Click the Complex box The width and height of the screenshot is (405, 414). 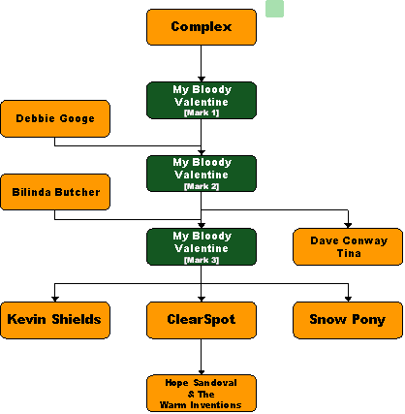[202, 27]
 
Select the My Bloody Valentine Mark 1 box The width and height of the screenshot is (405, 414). [202, 100]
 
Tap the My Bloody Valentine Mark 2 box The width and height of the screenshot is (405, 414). [202, 174]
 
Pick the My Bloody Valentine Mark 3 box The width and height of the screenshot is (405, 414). [202, 247]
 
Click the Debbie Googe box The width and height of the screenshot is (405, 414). [55, 118]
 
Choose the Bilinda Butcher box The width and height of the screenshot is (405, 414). [55, 192]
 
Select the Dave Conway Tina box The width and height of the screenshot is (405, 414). [348, 247]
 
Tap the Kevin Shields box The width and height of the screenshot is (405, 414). [55, 320]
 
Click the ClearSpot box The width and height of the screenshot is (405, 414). [202, 320]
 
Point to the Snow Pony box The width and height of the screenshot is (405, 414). [348, 320]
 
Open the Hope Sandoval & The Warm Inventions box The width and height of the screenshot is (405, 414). [202, 394]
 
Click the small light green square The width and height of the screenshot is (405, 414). [274, 9]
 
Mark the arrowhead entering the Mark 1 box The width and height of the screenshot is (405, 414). [202, 80]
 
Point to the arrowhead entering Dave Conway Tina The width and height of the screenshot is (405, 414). [348, 226]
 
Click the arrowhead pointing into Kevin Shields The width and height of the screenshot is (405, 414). [55, 300]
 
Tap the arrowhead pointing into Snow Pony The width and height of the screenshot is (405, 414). [348, 300]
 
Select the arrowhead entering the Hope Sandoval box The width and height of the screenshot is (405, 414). [202, 372]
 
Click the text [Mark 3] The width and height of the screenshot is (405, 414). [202, 260]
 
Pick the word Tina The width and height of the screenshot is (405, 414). [349, 253]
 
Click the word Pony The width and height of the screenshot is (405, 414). [369, 320]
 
